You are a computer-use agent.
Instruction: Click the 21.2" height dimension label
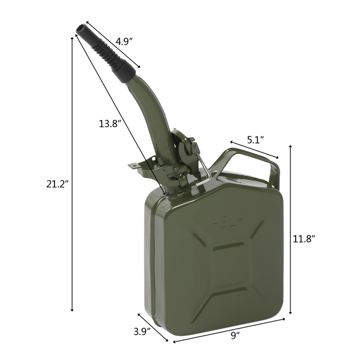(57, 184)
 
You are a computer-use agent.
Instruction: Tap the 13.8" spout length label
(110, 123)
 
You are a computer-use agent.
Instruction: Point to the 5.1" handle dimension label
(255, 139)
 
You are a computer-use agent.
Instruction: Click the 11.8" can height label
(304, 238)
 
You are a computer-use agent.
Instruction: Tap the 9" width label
(235, 336)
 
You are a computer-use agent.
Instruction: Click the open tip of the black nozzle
(80, 27)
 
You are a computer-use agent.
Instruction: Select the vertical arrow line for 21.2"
(73, 175)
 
